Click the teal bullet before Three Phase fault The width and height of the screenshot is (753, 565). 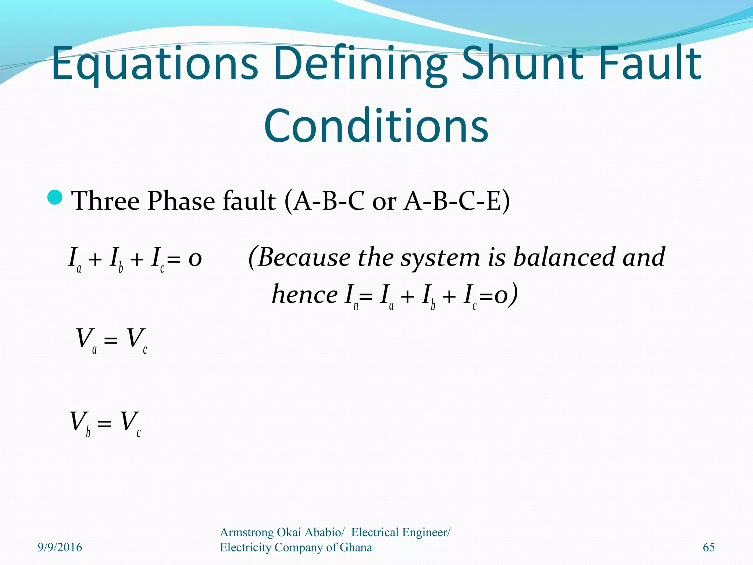pos(56,198)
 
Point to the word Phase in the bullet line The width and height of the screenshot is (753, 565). pos(181,201)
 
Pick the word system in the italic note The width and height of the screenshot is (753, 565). pos(440,257)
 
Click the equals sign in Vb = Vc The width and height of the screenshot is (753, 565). pos(104,423)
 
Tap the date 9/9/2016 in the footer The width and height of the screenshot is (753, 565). pos(60,547)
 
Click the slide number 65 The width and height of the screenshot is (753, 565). pos(709,547)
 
